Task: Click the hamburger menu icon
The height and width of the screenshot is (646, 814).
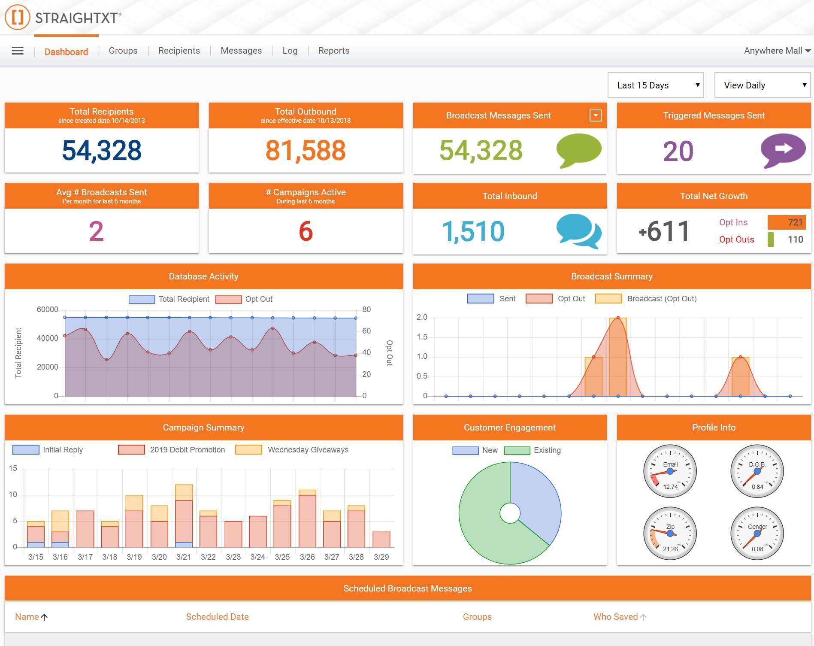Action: pyautogui.click(x=18, y=51)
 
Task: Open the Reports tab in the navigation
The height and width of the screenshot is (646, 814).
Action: pyautogui.click(x=333, y=51)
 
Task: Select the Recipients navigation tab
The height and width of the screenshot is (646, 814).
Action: pyautogui.click(x=179, y=51)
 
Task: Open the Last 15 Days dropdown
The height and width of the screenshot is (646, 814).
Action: pyautogui.click(x=655, y=85)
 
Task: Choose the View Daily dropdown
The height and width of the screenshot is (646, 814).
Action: pyautogui.click(x=762, y=85)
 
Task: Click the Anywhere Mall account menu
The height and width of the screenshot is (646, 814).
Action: pyautogui.click(x=776, y=51)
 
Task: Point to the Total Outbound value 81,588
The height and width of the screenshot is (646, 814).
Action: pyautogui.click(x=306, y=150)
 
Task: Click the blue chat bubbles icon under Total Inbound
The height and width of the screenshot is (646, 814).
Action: pyautogui.click(x=578, y=231)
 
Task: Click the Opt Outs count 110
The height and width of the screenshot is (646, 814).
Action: pyautogui.click(x=795, y=240)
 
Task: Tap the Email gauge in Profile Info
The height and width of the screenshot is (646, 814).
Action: pyautogui.click(x=670, y=471)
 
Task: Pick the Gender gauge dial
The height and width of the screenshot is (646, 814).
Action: pyautogui.click(x=757, y=534)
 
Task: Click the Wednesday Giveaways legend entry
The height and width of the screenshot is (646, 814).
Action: pyautogui.click(x=308, y=450)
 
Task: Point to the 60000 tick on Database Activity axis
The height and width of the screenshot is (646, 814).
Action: pyautogui.click(x=47, y=309)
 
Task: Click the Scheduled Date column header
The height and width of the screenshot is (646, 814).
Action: pyautogui.click(x=217, y=617)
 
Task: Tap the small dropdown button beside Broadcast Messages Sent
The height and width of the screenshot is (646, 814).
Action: pyautogui.click(x=595, y=115)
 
